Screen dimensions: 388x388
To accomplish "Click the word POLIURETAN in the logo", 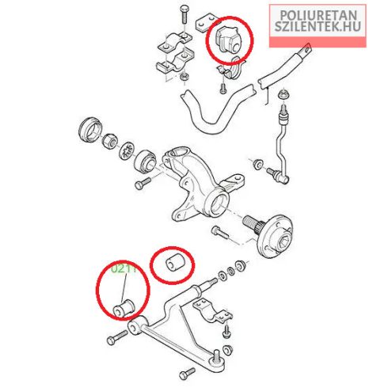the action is pyautogui.click(x=318, y=15).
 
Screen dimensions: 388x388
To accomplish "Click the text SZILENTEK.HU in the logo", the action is pyautogui.click(x=318, y=26).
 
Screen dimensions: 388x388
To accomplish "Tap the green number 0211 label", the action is pyautogui.click(x=124, y=269).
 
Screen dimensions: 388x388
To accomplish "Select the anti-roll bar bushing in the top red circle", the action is pyautogui.click(x=228, y=40).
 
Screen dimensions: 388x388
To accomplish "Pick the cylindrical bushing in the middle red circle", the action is pyautogui.click(x=176, y=261).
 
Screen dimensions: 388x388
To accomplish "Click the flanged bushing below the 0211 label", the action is pyautogui.click(x=124, y=308).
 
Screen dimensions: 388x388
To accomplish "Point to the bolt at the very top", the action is pyautogui.click(x=184, y=13).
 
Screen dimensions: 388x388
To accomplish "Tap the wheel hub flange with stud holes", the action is pyautogui.click(x=276, y=236).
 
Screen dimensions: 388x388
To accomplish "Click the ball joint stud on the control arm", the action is pyautogui.click(x=217, y=355).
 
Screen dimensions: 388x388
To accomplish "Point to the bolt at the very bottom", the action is pyautogui.click(x=187, y=374).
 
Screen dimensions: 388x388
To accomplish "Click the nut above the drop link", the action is pyautogui.click(x=284, y=95).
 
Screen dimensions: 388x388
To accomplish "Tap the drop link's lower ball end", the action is pyautogui.click(x=284, y=180).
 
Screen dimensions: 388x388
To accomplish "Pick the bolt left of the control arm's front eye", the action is pyautogui.click(x=117, y=337).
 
